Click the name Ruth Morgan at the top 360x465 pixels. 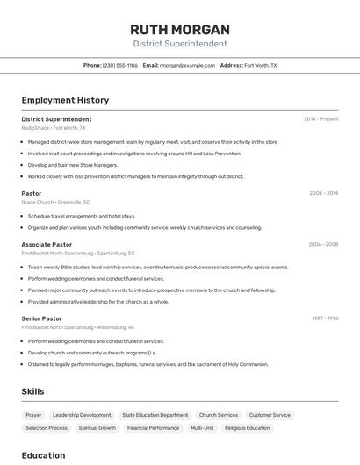tap(179, 29)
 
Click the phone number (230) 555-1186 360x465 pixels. tap(120, 65)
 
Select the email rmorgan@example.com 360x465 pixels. tap(187, 65)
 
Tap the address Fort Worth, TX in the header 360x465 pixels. tap(260, 65)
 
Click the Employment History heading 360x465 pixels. tap(65, 100)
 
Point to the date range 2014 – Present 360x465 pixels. tap(320, 118)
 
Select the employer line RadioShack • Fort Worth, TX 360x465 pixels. tap(54, 128)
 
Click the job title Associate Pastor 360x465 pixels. tap(47, 244)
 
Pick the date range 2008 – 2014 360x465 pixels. tap(323, 193)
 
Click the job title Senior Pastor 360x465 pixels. tap(41, 318)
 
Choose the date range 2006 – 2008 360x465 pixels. tap(323, 244)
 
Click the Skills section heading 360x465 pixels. tap(32, 391)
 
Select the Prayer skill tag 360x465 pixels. tap(33, 415)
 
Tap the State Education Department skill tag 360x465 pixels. tap(155, 415)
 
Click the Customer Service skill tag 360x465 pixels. tap(270, 415)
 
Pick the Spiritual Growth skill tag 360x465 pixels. tap(97, 428)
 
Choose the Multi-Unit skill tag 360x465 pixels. tap(202, 428)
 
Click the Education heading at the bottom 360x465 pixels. tap(43, 455)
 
